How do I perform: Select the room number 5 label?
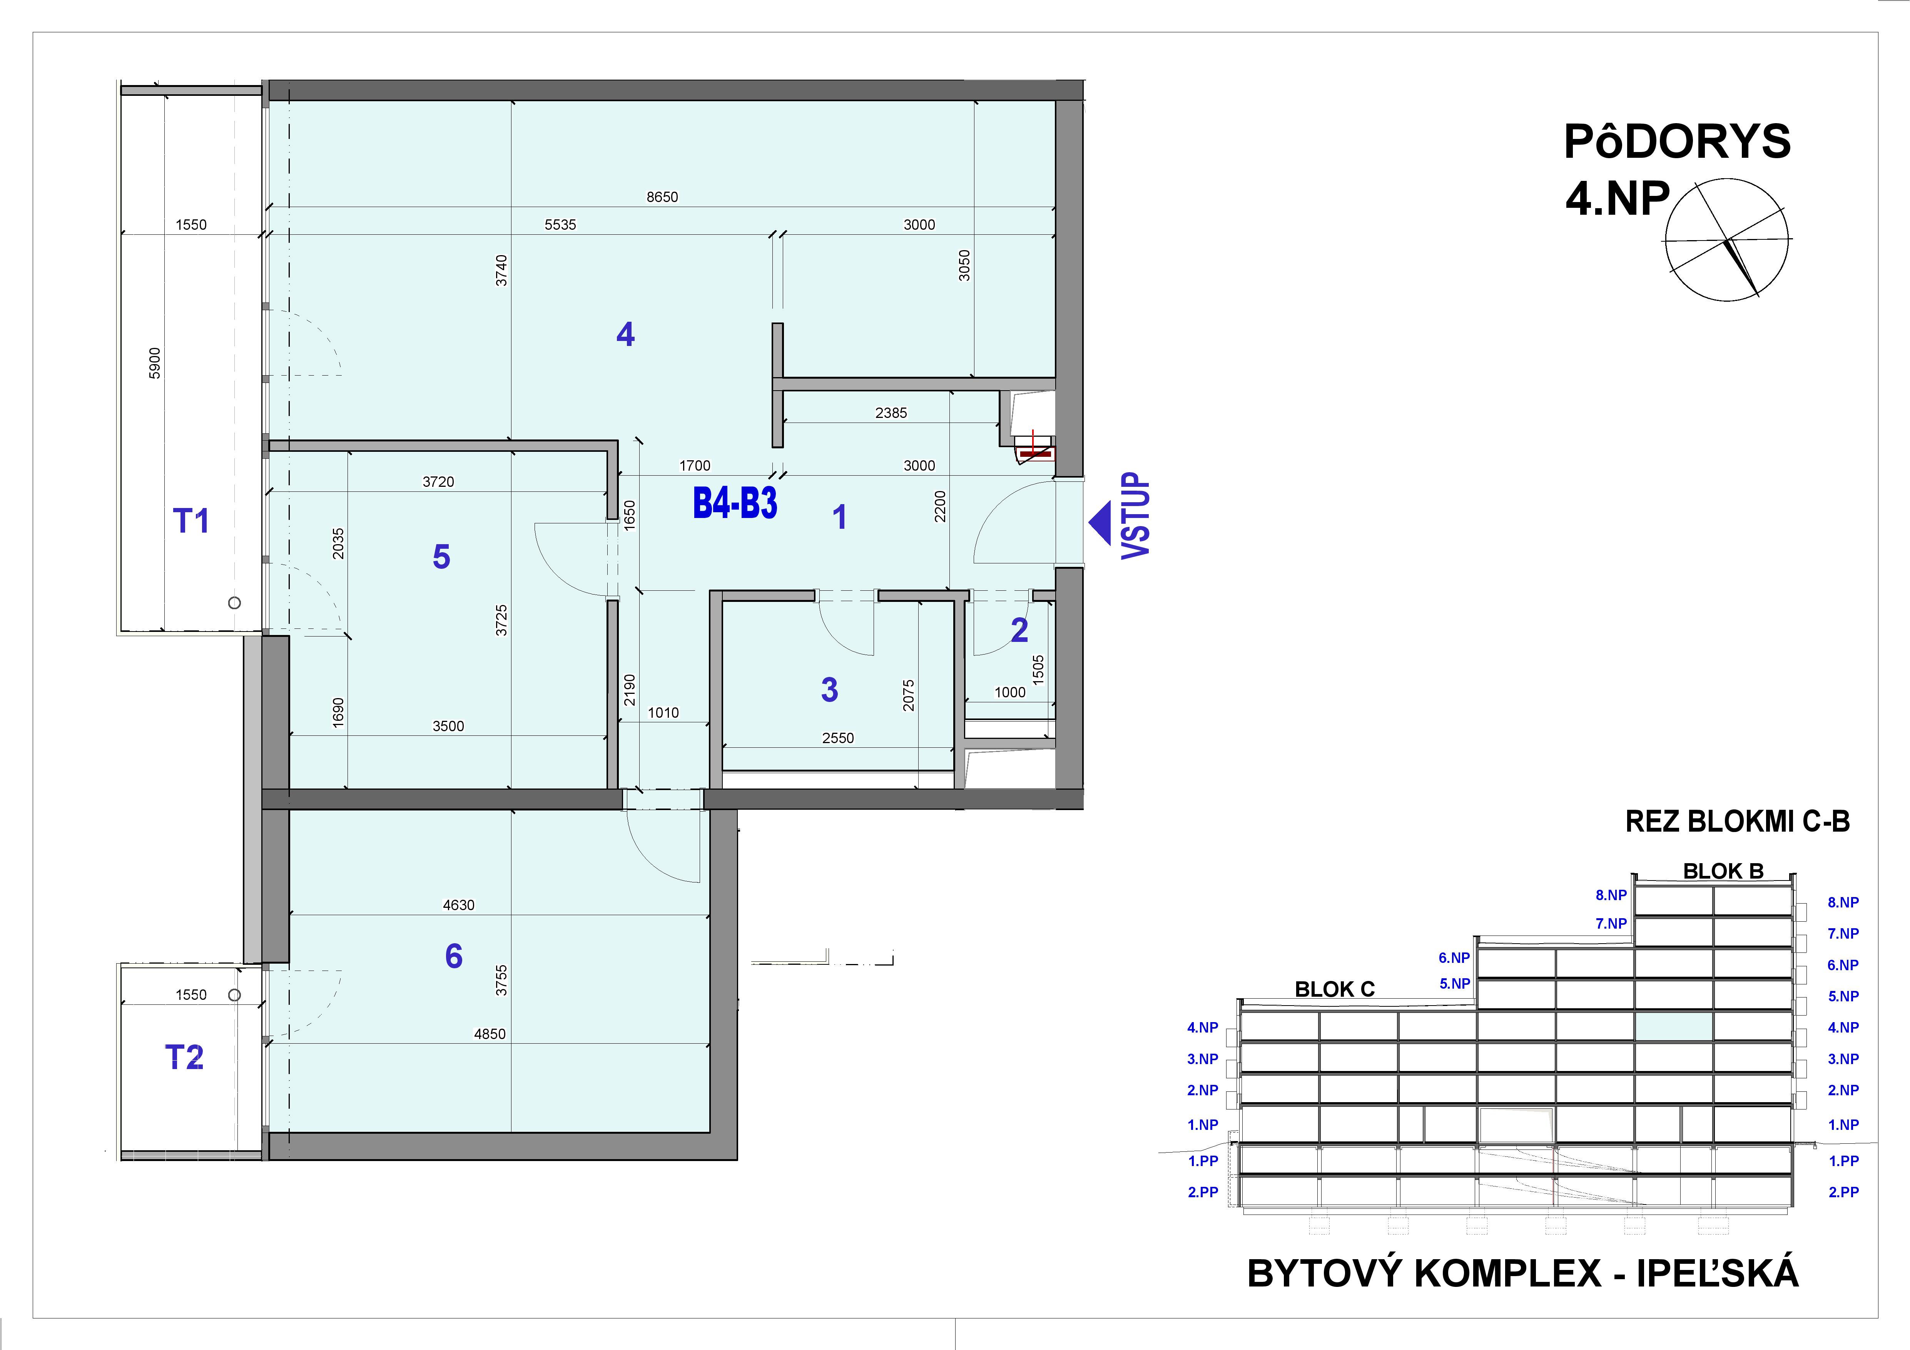pos(441,556)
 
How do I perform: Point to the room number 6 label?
pos(453,957)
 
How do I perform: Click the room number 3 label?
pos(829,690)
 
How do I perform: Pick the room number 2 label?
pos(1019,630)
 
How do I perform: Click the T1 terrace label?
pos(190,521)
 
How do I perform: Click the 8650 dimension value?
pos(662,197)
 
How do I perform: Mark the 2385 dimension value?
pos(891,413)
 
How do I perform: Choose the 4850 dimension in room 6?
pos(489,1034)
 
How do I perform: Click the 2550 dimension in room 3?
pos(838,738)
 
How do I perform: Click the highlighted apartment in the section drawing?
pos(1674,1026)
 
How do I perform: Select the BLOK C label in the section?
pos(1334,989)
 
